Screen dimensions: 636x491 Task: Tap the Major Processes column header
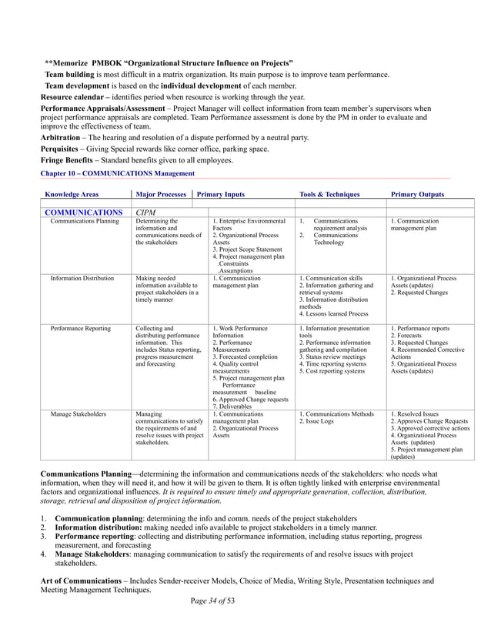pyautogui.click(x=160, y=195)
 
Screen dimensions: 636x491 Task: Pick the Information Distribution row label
pyautogui.click(x=82, y=279)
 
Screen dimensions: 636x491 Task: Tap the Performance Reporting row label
pyautogui.click(x=82, y=329)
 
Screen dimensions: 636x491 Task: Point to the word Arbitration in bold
pyautogui.click(x=60, y=137)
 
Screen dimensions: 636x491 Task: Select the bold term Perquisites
pyautogui.click(x=61, y=149)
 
